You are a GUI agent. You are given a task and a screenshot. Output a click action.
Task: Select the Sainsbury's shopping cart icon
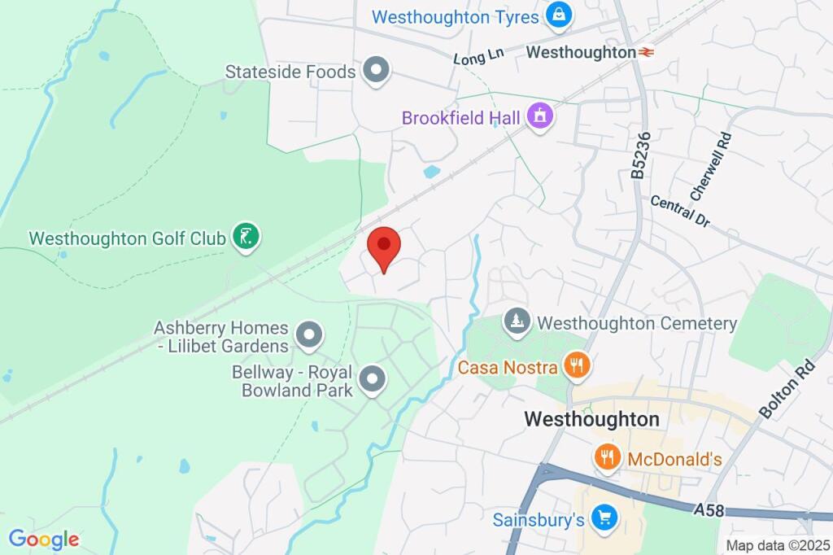603,517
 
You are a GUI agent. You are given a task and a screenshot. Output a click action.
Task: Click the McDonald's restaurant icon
607,457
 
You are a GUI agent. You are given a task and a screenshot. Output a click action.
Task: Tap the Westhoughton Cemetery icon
514,321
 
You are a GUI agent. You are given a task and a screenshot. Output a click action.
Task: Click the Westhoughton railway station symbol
648,52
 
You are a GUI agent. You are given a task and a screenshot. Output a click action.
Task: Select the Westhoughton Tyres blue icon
559,15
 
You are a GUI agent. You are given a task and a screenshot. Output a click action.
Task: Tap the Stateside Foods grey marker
376,71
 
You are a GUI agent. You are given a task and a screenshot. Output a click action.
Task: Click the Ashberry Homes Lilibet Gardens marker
309,334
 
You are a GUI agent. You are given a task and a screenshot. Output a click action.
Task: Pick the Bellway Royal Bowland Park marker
373,378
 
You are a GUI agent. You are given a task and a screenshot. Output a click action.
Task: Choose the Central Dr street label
680,210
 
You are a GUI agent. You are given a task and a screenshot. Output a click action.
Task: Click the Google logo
43,539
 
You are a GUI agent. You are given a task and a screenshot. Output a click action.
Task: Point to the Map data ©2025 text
777,545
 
